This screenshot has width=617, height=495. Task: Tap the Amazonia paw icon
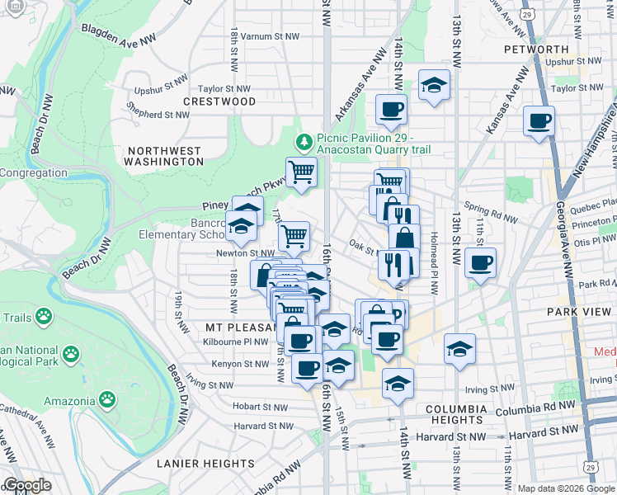click(107, 401)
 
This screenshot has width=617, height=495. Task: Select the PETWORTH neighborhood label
click(536, 49)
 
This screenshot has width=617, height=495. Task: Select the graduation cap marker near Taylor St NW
click(433, 85)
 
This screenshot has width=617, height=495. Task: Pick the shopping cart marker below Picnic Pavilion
click(301, 172)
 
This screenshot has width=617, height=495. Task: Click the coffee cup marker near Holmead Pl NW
click(479, 264)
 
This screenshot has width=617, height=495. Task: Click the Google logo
click(26, 485)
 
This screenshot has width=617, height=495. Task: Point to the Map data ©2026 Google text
click(566, 488)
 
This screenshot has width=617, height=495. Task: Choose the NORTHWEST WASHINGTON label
click(165, 156)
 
